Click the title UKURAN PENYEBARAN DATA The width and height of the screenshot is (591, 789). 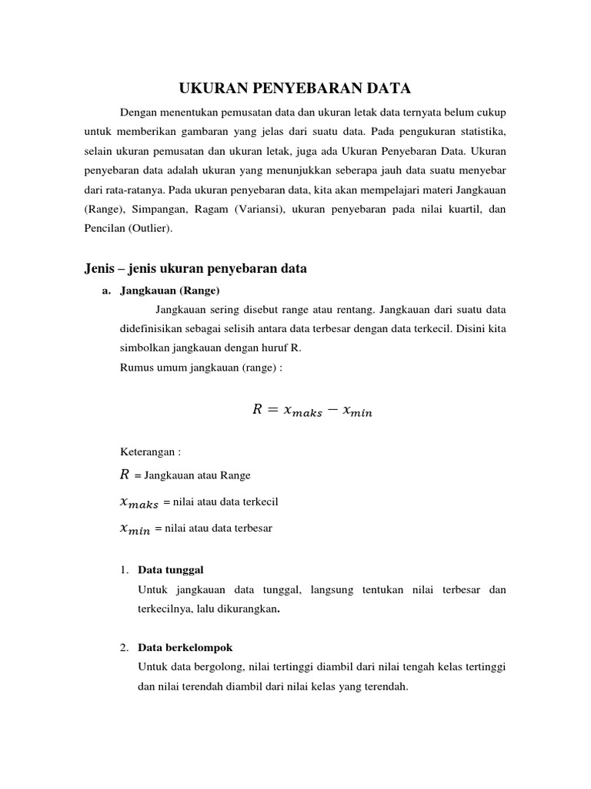click(x=295, y=88)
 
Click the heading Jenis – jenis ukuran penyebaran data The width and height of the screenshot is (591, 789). click(x=195, y=269)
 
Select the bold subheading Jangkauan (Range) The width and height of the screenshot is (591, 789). click(x=170, y=290)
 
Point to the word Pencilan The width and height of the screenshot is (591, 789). click(x=102, y=229)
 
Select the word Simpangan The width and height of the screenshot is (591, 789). click(x=155, y=209)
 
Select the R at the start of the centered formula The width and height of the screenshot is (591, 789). click(x=257, y=410)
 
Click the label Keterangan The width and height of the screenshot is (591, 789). click(x=148, y=452)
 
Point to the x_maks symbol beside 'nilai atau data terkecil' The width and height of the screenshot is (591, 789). click(x=139, y=502)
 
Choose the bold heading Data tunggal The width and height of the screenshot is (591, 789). click(x=170, y=570)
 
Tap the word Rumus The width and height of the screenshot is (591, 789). click(x=136, y=368)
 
